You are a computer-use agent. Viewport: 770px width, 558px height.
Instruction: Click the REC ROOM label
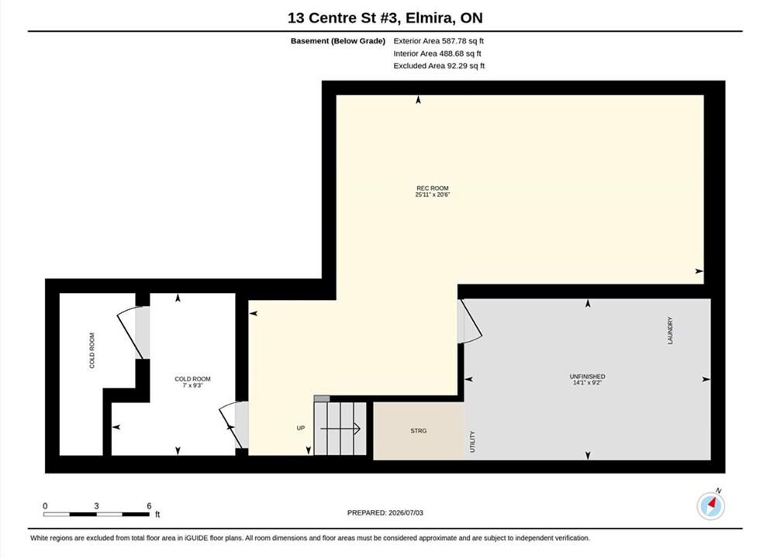point(433,188)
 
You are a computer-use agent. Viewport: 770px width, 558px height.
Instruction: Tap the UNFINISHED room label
point(587,377)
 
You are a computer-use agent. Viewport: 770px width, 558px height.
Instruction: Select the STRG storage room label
point(419,431)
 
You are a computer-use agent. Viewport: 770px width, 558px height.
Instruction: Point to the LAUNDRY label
point(670,330)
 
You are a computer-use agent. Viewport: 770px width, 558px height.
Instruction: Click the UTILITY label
point(472,442)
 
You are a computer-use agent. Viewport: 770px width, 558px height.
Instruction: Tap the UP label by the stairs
point(301,428)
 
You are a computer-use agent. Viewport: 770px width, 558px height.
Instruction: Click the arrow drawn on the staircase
point(340,429)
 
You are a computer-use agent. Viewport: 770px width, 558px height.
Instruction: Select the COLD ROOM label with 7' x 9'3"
point(192,382)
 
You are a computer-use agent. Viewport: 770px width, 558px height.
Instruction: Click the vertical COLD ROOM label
point(92,350)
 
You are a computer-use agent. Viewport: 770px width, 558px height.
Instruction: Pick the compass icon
point(710,505)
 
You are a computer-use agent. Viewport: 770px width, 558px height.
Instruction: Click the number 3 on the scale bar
point(96,506)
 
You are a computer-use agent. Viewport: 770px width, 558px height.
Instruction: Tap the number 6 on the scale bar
point(149,506)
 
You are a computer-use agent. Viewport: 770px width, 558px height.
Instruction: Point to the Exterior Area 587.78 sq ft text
point(439,41)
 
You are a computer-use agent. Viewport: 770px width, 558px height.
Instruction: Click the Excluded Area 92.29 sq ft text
point(439,66)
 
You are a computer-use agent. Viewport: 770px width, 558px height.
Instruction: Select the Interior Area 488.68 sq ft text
point(437,53)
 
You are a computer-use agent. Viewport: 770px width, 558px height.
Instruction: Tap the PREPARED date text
point(385,513)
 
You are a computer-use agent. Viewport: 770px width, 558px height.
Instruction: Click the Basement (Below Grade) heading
point(338,41)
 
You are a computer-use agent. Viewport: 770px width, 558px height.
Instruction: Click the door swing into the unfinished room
point(470,322)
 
